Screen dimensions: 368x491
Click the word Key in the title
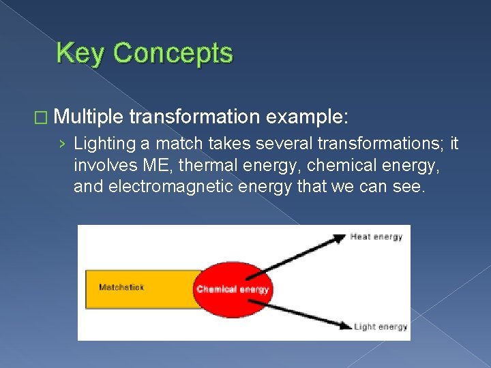78,53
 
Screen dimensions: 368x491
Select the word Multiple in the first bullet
87,117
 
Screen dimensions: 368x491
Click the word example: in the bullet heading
308,117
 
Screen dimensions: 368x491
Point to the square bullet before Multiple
42,117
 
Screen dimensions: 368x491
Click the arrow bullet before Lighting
63,145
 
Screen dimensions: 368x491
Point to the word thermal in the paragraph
202,166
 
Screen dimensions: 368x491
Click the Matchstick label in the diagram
121,288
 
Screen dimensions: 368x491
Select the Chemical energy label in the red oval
233,289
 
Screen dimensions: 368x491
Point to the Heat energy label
376,237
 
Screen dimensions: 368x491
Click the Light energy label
381,326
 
